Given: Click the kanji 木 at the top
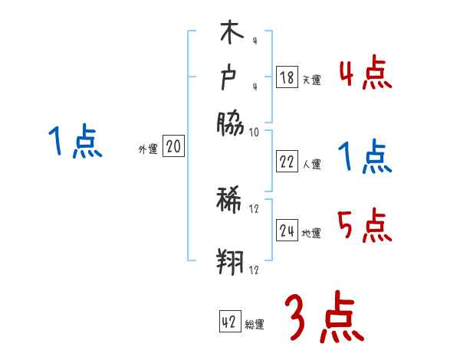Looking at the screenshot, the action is [x=230, y=34].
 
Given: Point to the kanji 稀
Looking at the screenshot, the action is [x=230, y=201].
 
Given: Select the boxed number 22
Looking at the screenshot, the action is [x=287, y=162].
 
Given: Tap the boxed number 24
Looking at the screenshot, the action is [x=287, y=231].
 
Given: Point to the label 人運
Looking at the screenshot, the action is [x=311, y=164].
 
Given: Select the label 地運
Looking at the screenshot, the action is [x=311, y=233].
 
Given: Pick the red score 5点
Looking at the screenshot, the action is [x=364, y=226].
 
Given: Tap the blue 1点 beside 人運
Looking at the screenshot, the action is [x=364, y=158].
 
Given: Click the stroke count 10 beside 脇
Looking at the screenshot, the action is [x=255, y=132].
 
